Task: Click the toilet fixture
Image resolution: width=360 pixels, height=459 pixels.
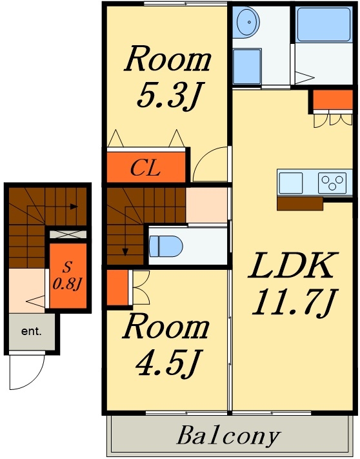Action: click(x=166, y=246)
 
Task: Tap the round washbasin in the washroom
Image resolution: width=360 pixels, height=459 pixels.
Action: click(x=248, y=23)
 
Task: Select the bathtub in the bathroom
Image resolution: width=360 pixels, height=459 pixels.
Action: click(x=323, y=25)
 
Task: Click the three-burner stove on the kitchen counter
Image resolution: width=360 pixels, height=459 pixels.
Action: click(x=332, y=183)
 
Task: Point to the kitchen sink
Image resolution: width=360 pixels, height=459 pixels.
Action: click(x=291, y=183)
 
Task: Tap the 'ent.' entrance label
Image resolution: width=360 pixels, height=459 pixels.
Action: click(x=32, y=331)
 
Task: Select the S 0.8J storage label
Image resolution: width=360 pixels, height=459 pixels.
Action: click(x=67, y=276)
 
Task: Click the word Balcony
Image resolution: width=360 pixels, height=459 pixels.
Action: click(x=228, y=436)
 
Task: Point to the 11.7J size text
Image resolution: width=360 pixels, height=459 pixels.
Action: click(x=295, y=302)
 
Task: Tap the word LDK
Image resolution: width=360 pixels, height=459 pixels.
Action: click(x=291, y=265)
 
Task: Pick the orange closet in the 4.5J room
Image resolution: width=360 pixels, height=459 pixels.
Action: click(x=117, y=287)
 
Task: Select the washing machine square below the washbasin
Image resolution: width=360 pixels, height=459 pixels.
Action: click(x=247, y=66)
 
